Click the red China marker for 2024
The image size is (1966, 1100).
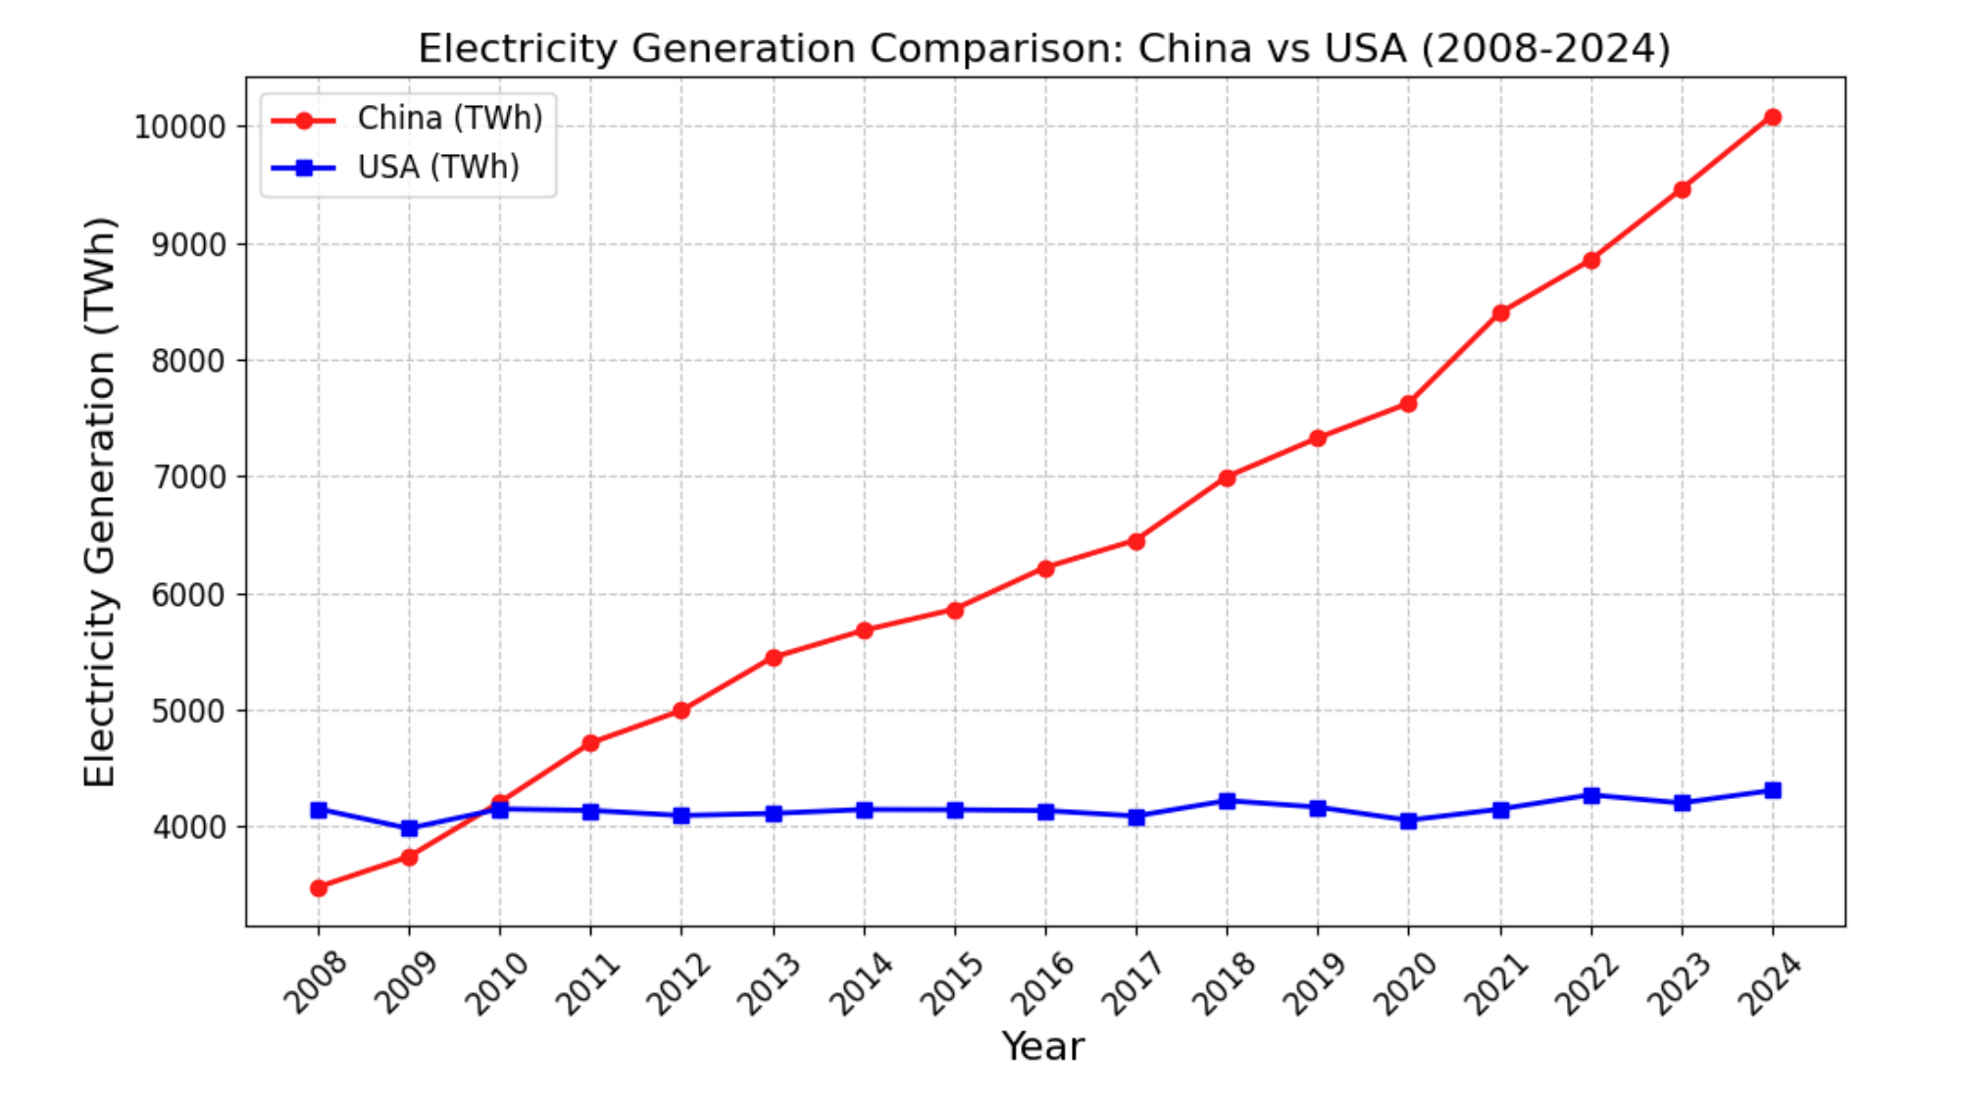pos(1773,118)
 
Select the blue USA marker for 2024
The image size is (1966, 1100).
pos(1773,790)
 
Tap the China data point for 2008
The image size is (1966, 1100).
pos(319,888)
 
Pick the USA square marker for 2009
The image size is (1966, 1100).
pos(410,828)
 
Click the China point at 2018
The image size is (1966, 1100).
pos(1227,478)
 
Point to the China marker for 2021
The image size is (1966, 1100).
pos(1500,314)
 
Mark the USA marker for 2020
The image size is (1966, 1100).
pos(1408,821)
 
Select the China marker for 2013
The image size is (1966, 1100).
pos(774,658)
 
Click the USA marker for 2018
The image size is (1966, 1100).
pos(1227,801)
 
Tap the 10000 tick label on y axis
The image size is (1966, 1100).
pos(179,127)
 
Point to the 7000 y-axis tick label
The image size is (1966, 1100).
pos(188,477)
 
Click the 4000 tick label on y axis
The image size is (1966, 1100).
pos(188,827)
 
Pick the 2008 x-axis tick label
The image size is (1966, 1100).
pos(314,983)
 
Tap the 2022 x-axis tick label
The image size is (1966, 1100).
pos(1586,983)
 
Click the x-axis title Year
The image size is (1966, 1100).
pos(1042,1047)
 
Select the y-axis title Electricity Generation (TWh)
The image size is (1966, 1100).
pos(99,501)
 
